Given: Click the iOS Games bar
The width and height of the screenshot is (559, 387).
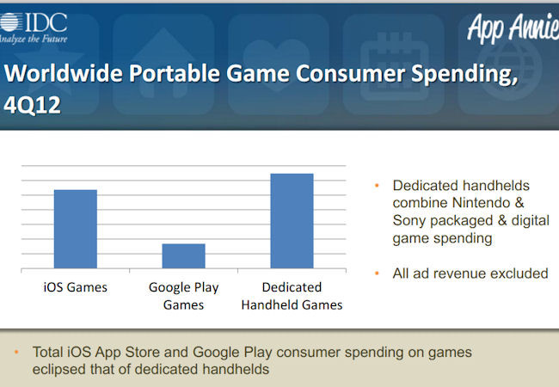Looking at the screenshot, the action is [76, 229].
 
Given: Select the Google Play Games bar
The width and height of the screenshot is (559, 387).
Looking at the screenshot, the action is [183, 256].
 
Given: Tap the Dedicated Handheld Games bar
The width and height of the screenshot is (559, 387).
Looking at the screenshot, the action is [292, 221].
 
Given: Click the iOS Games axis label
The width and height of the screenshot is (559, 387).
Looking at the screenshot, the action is [75, 287].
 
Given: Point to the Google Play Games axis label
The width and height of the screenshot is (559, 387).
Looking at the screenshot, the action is [183, 296].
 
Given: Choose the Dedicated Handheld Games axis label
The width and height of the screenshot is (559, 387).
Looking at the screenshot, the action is [292, 296].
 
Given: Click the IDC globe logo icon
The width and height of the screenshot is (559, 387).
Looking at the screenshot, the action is [9, 22].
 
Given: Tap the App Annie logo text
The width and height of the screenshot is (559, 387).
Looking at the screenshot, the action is [513, 28].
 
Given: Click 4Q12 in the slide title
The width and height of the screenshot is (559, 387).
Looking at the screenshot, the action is [32, 106].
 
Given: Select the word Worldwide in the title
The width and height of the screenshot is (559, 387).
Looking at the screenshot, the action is [64, 73].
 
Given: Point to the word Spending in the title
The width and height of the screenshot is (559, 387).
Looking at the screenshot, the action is [464, 75].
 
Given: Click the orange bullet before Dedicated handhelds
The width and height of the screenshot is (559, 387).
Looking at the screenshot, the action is [377, 185].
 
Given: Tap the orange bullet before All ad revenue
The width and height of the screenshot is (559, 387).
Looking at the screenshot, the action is [377, 273].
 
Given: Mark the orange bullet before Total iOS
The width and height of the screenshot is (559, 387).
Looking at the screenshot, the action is [16, 352].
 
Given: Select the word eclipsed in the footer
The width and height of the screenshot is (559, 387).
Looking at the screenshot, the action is [59, 370].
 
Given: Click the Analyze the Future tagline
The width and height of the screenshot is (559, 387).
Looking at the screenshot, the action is [34, 39].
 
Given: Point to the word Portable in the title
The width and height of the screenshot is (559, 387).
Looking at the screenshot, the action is [175, 73].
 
